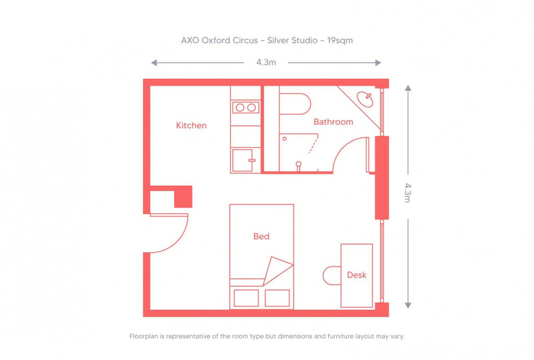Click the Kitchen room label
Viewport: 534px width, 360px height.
coord(191,126)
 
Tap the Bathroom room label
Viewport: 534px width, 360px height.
coord(333,122)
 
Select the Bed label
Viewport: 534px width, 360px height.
coord(261,236)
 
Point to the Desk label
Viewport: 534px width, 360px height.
coord(357,275)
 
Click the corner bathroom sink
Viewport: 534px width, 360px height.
coord(366,98)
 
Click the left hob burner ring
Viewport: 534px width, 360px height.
coord(240,108)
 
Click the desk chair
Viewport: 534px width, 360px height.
coord(332,276)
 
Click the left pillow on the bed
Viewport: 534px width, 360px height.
coord(246,298)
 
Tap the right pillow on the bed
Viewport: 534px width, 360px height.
coord(277,298)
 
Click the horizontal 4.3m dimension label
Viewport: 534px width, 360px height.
coord(266,62)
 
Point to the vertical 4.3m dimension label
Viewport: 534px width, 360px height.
coord(407,193)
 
